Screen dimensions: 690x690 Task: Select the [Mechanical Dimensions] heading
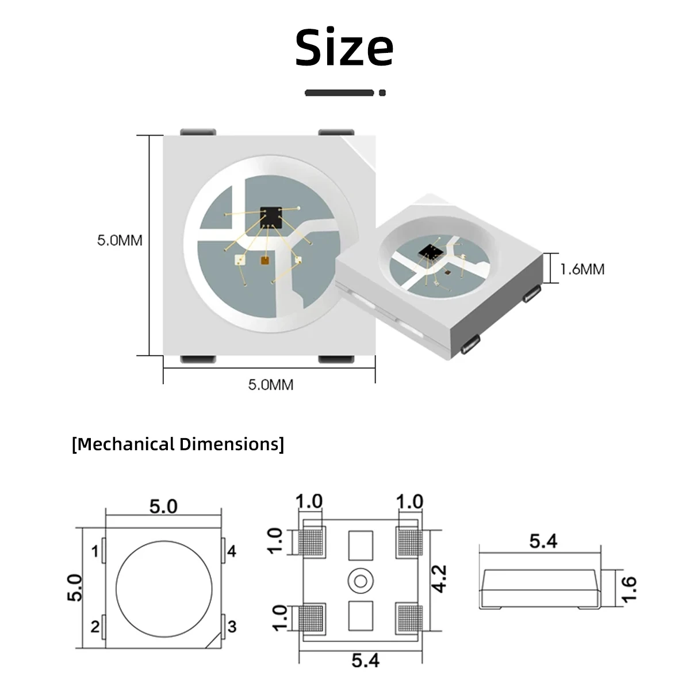point(178,444)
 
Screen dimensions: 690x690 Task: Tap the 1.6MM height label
point(582,269)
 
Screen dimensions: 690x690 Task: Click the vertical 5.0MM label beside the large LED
point(119,240)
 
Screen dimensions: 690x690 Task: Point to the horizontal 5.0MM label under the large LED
point(270,385)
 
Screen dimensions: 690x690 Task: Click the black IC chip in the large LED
point(270,217)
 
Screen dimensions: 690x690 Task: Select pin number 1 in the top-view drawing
point(95,552)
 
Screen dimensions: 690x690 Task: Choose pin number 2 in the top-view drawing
point(95,626)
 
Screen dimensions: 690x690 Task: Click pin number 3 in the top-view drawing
point(232,626)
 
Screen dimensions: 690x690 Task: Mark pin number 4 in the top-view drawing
point(232,552)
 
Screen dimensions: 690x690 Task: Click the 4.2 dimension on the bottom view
point(439,578)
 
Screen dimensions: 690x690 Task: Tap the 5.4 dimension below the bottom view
point(366,661)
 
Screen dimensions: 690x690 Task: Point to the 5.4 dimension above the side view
point(543,541)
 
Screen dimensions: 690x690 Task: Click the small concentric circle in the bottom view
point(361,581)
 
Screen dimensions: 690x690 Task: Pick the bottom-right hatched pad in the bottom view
point(409,618)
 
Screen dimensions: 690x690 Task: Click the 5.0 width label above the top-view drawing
point(164,507)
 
